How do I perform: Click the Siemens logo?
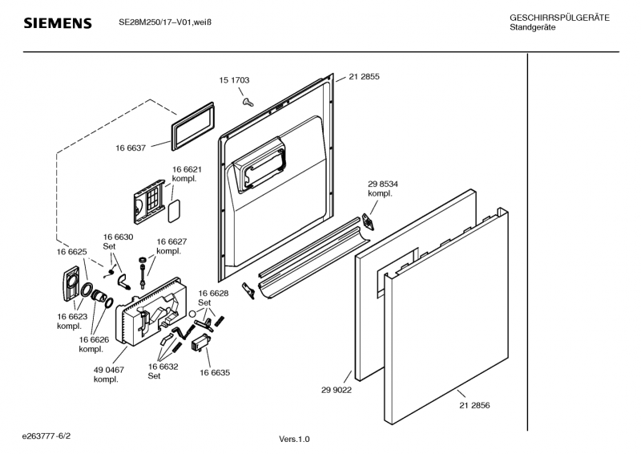tap(57, 23)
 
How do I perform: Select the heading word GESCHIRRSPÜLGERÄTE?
tap(558, 18)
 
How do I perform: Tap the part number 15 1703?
tap(234, 80)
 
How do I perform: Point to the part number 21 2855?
tap(364, 77)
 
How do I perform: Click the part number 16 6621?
tap(186, 170)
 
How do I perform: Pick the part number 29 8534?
tap(383, 184)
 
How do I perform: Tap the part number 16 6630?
tap(118, 237)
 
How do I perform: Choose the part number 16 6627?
tap(171, 241)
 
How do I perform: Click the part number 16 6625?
tap(71, 252)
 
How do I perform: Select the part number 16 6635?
tap(215, 373)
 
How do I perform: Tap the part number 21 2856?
tap(474, 405)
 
